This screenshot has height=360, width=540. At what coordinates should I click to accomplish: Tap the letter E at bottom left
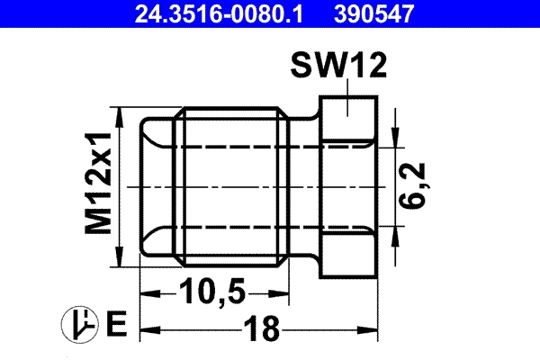coord(114,322)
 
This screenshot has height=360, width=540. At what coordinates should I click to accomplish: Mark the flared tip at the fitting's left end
coord(155,189)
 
